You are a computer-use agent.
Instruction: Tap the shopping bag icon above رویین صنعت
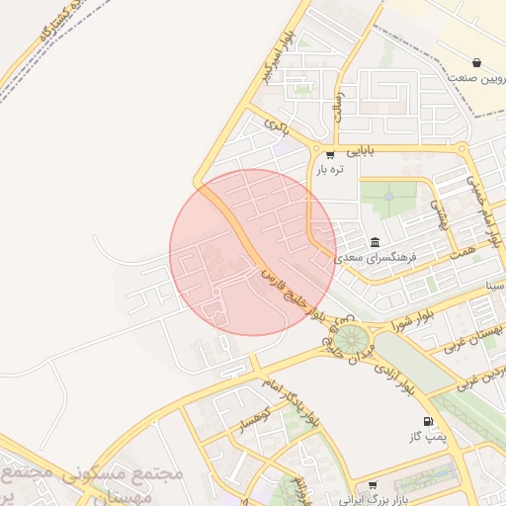(477, 62)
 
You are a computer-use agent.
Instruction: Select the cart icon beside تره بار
(329, 155)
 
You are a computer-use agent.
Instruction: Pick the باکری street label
(276, 126)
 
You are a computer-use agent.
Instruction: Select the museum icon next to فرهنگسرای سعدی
(376, 242)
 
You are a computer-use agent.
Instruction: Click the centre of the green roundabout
(347, 340)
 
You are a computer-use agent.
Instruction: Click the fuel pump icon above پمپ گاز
(428, 422)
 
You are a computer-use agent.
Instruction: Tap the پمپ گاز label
(428, 436)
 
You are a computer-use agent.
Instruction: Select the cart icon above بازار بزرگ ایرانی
(372, 485)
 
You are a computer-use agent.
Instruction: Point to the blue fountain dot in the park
(388, 197)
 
